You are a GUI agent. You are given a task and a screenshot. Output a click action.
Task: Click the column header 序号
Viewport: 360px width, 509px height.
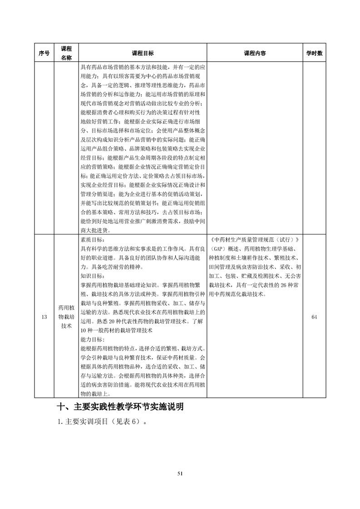(x=44, y=53)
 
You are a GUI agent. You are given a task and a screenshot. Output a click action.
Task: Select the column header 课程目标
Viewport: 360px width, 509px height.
(x=143, y=53)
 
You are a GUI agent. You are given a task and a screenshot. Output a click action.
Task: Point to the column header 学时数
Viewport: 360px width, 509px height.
(x=314, y=53)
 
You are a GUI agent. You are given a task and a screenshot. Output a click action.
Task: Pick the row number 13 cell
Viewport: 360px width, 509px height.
(x=44, y=317)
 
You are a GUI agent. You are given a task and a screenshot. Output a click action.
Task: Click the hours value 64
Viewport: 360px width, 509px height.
(x=314, y=317)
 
